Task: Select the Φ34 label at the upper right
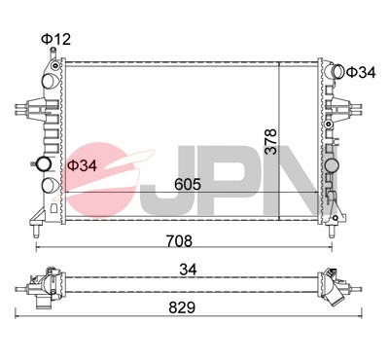pyautogui.click(x=361, y=72)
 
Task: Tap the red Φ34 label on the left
pyautogui.click(x=82, y=165)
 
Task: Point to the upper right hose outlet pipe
pyautogui.click(x=336, y=72)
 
